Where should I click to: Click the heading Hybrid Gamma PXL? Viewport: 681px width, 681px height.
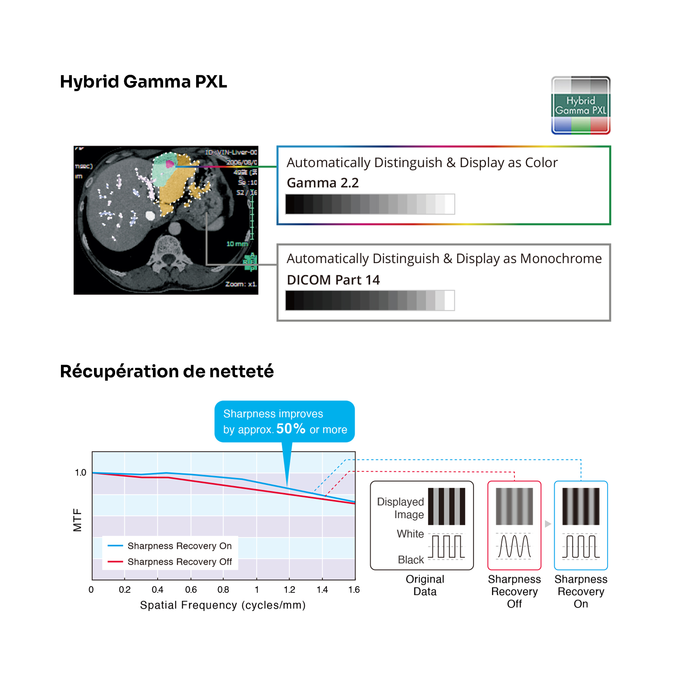tap(143, 82)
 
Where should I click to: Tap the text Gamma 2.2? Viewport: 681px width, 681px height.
tap(322, 183)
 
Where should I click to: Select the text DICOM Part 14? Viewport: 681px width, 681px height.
tap(333, 280)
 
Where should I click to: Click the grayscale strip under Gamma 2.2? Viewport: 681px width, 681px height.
tap(370, 204)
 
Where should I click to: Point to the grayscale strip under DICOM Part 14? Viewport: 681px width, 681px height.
tap(370, 300)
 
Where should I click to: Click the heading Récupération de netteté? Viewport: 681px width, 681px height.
tap(167, 371)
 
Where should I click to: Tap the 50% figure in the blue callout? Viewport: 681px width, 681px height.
tap(290, 429)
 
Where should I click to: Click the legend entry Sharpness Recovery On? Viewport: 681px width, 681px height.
tap(179, 545)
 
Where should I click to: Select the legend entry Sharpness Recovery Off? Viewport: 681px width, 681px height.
tap(179, 561)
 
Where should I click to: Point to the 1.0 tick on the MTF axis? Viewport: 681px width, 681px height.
tap(80, 473)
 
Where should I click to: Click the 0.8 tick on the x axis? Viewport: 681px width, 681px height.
tap(223, 590)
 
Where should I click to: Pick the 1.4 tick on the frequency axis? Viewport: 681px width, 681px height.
tap(322, 590)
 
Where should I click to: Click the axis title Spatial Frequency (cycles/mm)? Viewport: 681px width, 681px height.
tap(223, 605)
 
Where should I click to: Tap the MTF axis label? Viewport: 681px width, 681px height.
tap(77, 520)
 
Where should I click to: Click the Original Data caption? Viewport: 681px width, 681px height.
tap(425, 585)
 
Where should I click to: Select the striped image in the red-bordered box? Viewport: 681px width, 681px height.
tap(514, 506)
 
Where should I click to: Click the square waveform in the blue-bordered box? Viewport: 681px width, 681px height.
tap(581, 547)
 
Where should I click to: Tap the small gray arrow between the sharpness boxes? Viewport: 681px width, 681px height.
tap(548, 524)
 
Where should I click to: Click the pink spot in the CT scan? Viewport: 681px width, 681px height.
tap(170, 164)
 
